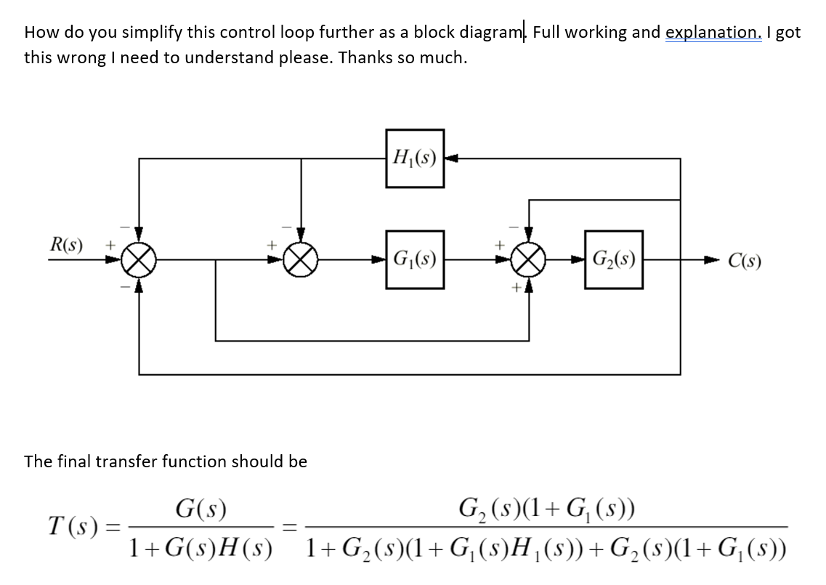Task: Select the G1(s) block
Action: (x=414, y=259)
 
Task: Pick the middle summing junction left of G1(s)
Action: (x=301, y=259)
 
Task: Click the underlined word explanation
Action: (x=713, y=32)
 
